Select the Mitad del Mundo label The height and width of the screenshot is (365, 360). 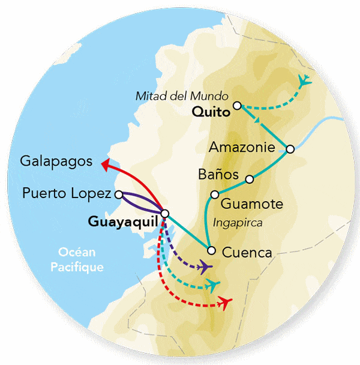[x=182, y=95]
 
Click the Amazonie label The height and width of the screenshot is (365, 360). [x=241, y=147]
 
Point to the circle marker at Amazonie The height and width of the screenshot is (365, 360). [x=290, y=149]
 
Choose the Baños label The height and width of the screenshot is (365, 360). [x=218, y=175]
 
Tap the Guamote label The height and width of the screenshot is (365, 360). [x=252, y=204]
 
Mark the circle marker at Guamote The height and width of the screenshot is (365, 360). [x=214, y=195]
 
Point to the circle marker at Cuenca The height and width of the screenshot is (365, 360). [x=211, y=250]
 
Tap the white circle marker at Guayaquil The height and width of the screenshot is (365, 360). [x=165, y=213]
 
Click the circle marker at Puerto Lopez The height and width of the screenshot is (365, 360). [x=119, y=194]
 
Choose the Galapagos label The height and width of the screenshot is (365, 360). [x=56, y=161]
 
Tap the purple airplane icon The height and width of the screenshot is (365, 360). [x=205, y=266]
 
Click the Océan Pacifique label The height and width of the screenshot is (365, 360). [x=81, y=260]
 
